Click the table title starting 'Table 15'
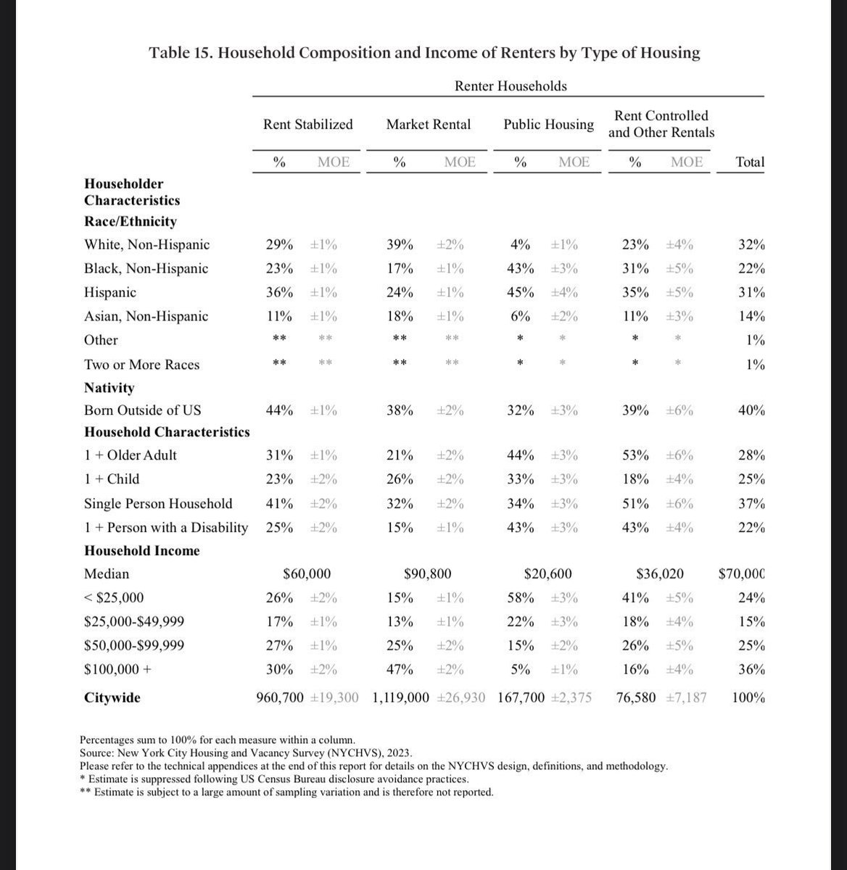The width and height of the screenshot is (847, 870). [x=424, y=53]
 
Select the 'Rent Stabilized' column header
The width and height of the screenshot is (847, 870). [x=308, y=124]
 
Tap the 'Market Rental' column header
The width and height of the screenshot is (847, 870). [x=428, y=124]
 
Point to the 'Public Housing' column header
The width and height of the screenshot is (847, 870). [x=548, y=124]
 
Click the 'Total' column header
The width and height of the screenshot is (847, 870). [x=750, y=162]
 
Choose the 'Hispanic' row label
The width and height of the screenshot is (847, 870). [x=110, y=292]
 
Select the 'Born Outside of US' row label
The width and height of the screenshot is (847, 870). [x=142, y=410]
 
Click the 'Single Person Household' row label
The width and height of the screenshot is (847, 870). [x=158, y=503]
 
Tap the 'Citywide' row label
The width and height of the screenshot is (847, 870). [x=112, y=697]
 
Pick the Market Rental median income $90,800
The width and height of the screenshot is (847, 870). [x=427, y=573]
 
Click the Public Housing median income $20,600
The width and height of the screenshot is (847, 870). [x=548, y=573]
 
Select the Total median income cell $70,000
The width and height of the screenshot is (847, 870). [x=741, y=573]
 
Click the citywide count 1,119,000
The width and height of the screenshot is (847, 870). [x=403, y=697]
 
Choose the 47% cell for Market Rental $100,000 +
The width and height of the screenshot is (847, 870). [x=400, y=669]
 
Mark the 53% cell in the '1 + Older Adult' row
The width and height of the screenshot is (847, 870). [x=635, y=455]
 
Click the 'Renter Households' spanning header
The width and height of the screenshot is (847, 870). [x=511, y=86]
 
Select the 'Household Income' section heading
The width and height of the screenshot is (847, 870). [x=141, y=550]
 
